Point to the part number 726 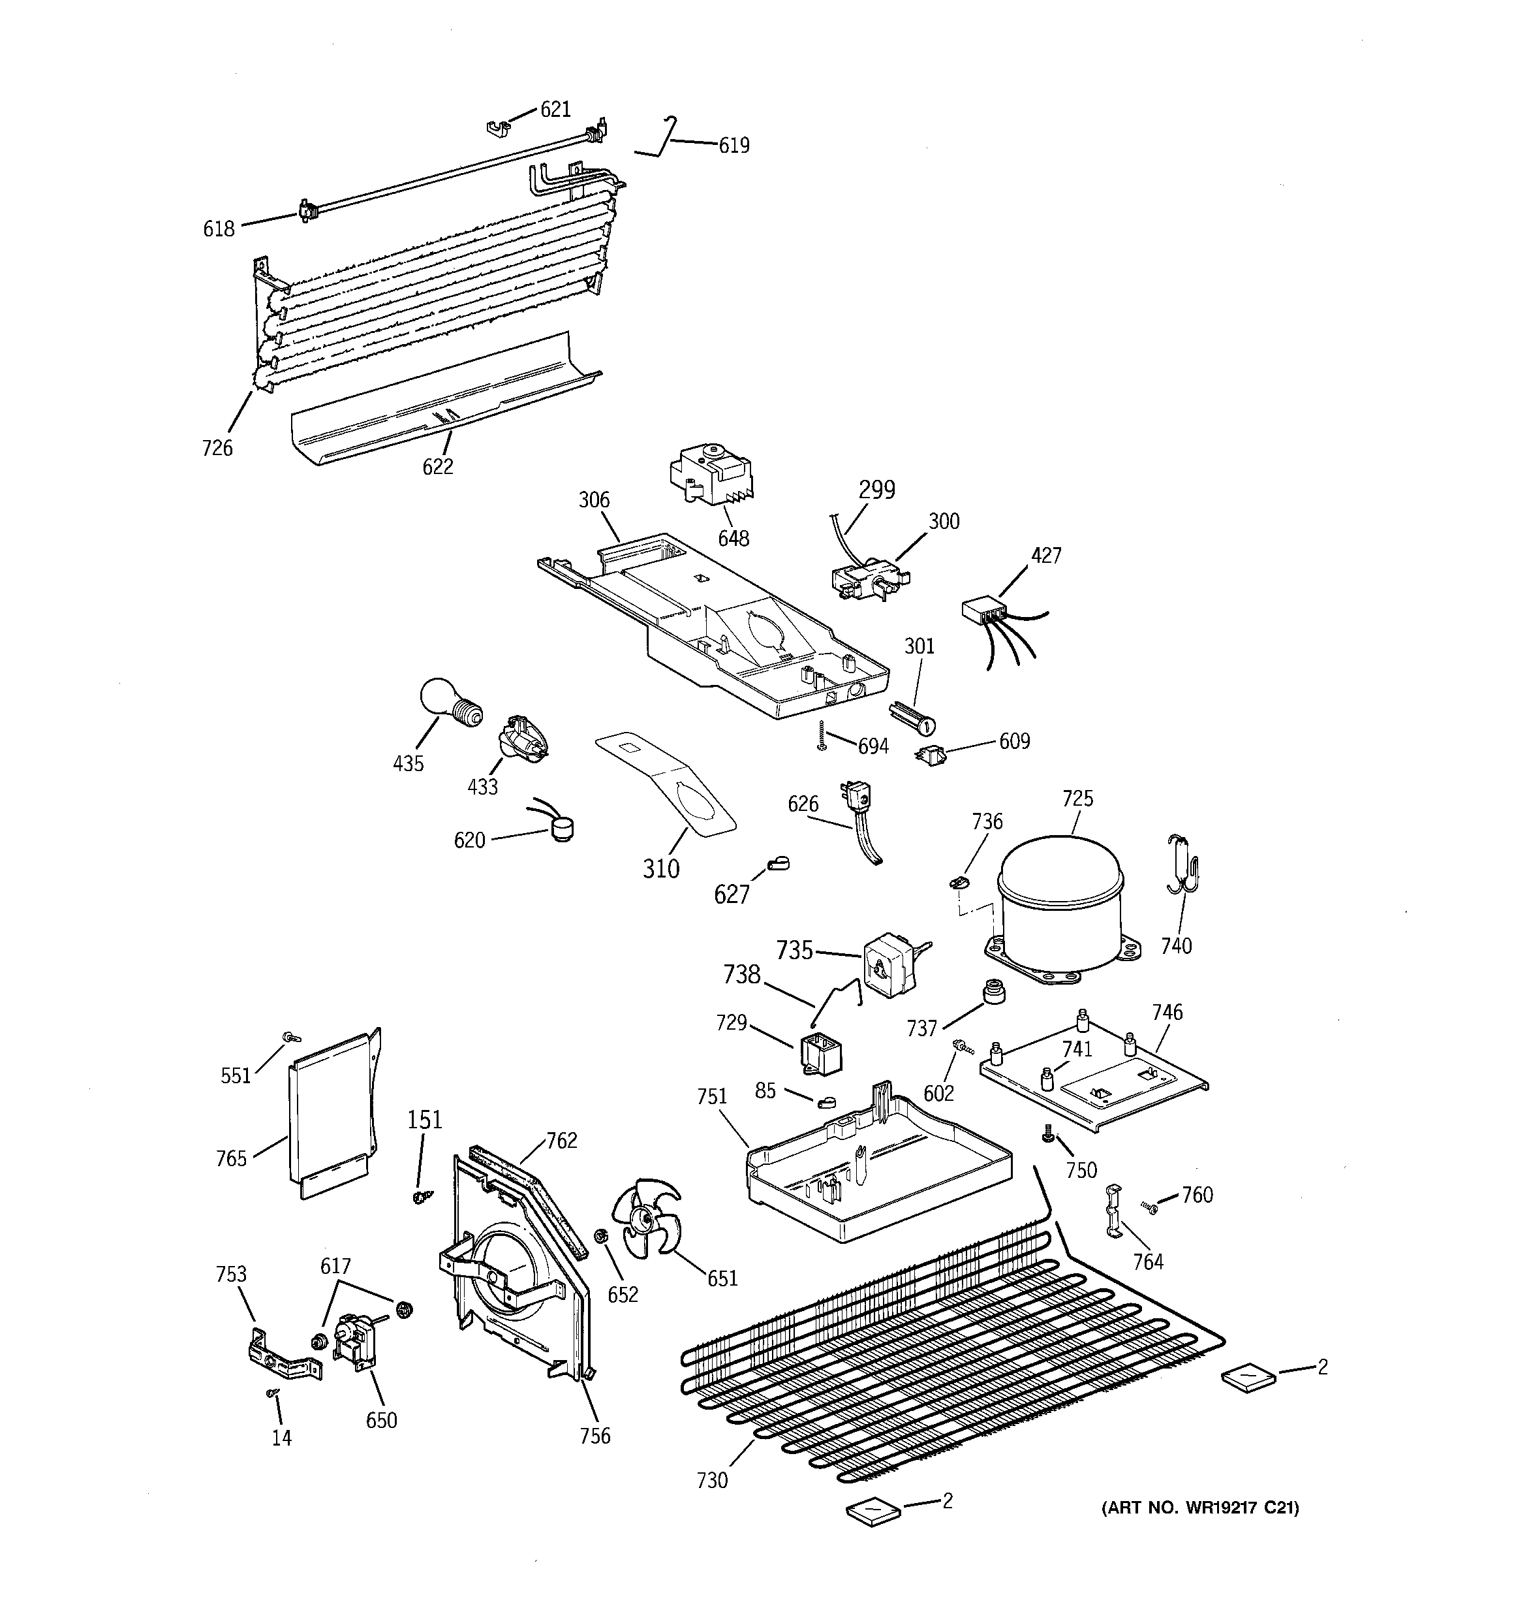click(217, 448)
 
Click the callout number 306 click(593, 500)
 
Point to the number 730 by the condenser click(712, 1481)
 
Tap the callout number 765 click(231, 1158)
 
